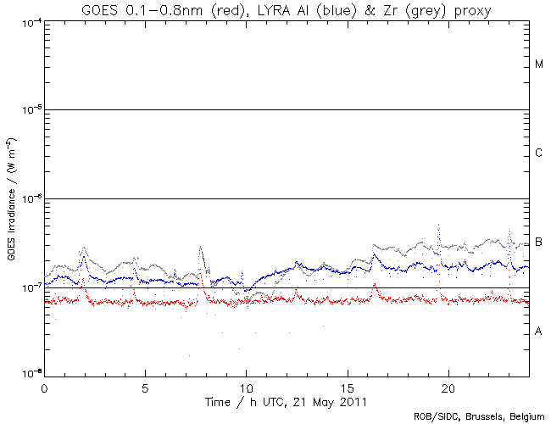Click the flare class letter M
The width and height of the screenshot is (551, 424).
click(539, 64)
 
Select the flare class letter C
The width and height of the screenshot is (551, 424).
click(539, 153)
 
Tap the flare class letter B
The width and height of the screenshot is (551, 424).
click(539, 243)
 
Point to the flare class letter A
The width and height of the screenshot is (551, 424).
click(539, 331)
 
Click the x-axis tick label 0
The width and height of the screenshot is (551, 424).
click(44, 386)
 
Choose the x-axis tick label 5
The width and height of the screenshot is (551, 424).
click(145, 386)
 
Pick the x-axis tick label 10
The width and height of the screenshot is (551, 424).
click(247, 386)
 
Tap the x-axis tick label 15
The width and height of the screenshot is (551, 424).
click(348, 386)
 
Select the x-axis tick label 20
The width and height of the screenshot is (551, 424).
click(448, 386)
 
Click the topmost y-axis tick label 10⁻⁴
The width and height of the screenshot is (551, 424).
click(29, 22)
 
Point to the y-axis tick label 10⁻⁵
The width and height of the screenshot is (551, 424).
click(29, 109)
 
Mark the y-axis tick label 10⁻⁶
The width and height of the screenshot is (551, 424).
click(29, 198)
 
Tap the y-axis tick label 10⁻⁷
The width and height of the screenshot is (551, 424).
click(29, 287)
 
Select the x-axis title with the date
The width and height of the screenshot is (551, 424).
click(287, 399)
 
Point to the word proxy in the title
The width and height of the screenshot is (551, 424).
click(472, 10)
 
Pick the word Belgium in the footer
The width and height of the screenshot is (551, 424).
click(526, 416)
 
